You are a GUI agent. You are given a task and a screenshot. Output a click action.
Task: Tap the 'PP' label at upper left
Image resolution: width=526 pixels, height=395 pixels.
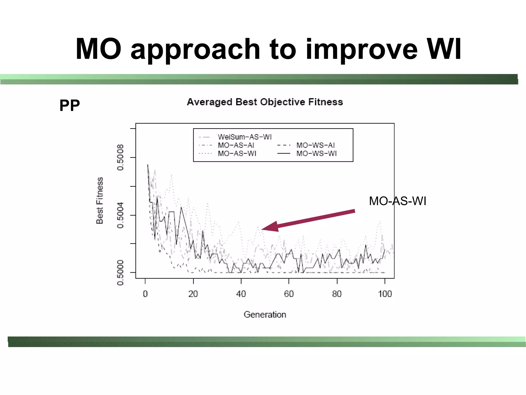tap(70, 105)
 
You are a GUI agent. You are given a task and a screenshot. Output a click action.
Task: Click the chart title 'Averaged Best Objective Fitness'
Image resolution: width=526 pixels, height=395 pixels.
tap(265, 102)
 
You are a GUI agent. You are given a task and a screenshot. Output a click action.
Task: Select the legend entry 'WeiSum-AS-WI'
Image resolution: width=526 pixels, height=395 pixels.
tap(245, 137)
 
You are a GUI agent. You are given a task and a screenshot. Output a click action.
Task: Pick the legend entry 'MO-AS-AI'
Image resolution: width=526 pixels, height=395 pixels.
tap(236, 145)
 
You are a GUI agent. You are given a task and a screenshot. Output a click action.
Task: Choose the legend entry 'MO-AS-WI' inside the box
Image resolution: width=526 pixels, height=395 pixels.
tap(237, 154)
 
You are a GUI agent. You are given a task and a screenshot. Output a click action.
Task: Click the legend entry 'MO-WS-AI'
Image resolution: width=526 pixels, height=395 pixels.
tap(315, 145)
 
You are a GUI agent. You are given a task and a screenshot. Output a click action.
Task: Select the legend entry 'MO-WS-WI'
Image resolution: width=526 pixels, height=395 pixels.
tap(316, 154)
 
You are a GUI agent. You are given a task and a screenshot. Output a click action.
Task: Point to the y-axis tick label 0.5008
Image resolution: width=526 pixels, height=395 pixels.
tap(120, 157)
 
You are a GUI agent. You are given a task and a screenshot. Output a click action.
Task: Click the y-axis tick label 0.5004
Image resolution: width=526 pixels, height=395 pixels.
tap(120, 215)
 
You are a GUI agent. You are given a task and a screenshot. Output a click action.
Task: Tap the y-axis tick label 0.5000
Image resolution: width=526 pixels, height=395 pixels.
tap(120, 273)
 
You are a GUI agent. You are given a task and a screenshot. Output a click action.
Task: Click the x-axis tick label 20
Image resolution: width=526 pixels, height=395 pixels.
tap(193, 294)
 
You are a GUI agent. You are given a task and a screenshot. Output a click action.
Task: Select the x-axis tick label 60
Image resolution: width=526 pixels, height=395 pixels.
tap(289, 294)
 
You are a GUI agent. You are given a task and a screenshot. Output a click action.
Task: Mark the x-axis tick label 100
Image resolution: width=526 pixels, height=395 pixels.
tap(385, 294)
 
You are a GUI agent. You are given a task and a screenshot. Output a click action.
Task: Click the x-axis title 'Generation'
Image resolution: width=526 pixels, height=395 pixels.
tap(265, 314)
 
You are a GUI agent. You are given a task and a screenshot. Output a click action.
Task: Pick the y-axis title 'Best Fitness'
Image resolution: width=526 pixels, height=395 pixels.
tap(100, 201)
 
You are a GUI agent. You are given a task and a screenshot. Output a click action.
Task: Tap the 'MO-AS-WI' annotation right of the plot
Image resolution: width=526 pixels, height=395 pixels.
tap(397, 201)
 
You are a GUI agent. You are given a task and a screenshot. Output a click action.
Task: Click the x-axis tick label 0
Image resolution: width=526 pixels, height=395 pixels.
tap(145, 294)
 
